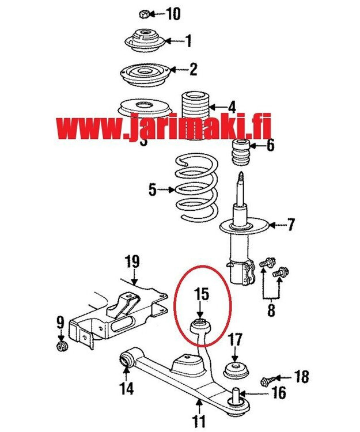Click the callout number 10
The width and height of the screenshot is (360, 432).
pyautogui.click(x=173, y=13)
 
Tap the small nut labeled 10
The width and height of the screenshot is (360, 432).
pyautogui.click(x=145, y=13)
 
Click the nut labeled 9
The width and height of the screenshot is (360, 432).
pyautogui.click(x=60, y=346)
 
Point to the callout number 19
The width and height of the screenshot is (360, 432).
pyautogui.click(x=132, y=262)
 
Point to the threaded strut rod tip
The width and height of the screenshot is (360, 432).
pyautogui.click(x=240, y=174)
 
